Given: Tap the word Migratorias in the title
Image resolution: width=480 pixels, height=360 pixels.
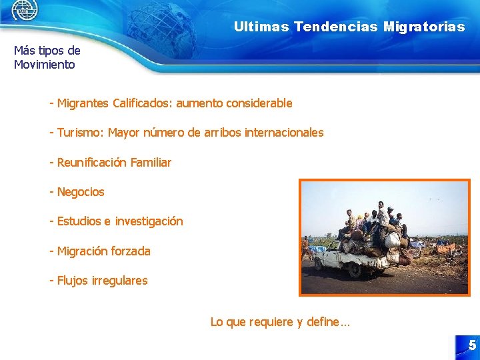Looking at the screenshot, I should pos(424,27).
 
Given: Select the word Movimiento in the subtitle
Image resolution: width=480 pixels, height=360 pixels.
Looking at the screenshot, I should pos(45,65).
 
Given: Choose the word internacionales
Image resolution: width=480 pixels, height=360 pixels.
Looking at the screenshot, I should pos(284,133).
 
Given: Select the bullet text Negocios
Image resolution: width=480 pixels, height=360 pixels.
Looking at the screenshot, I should pos(81,192).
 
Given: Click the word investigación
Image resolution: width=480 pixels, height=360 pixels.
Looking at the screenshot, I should pos(149,221).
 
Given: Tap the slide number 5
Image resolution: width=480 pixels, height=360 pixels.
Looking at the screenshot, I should pos(471,345).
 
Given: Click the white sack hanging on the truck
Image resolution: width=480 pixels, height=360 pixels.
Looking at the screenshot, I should pos(392,240).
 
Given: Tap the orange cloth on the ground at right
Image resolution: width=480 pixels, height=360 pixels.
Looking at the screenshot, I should pos(445,248).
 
